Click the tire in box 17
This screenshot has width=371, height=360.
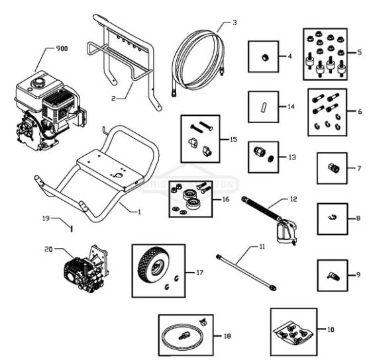(151, 261)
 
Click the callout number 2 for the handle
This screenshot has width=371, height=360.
(113, 99)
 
